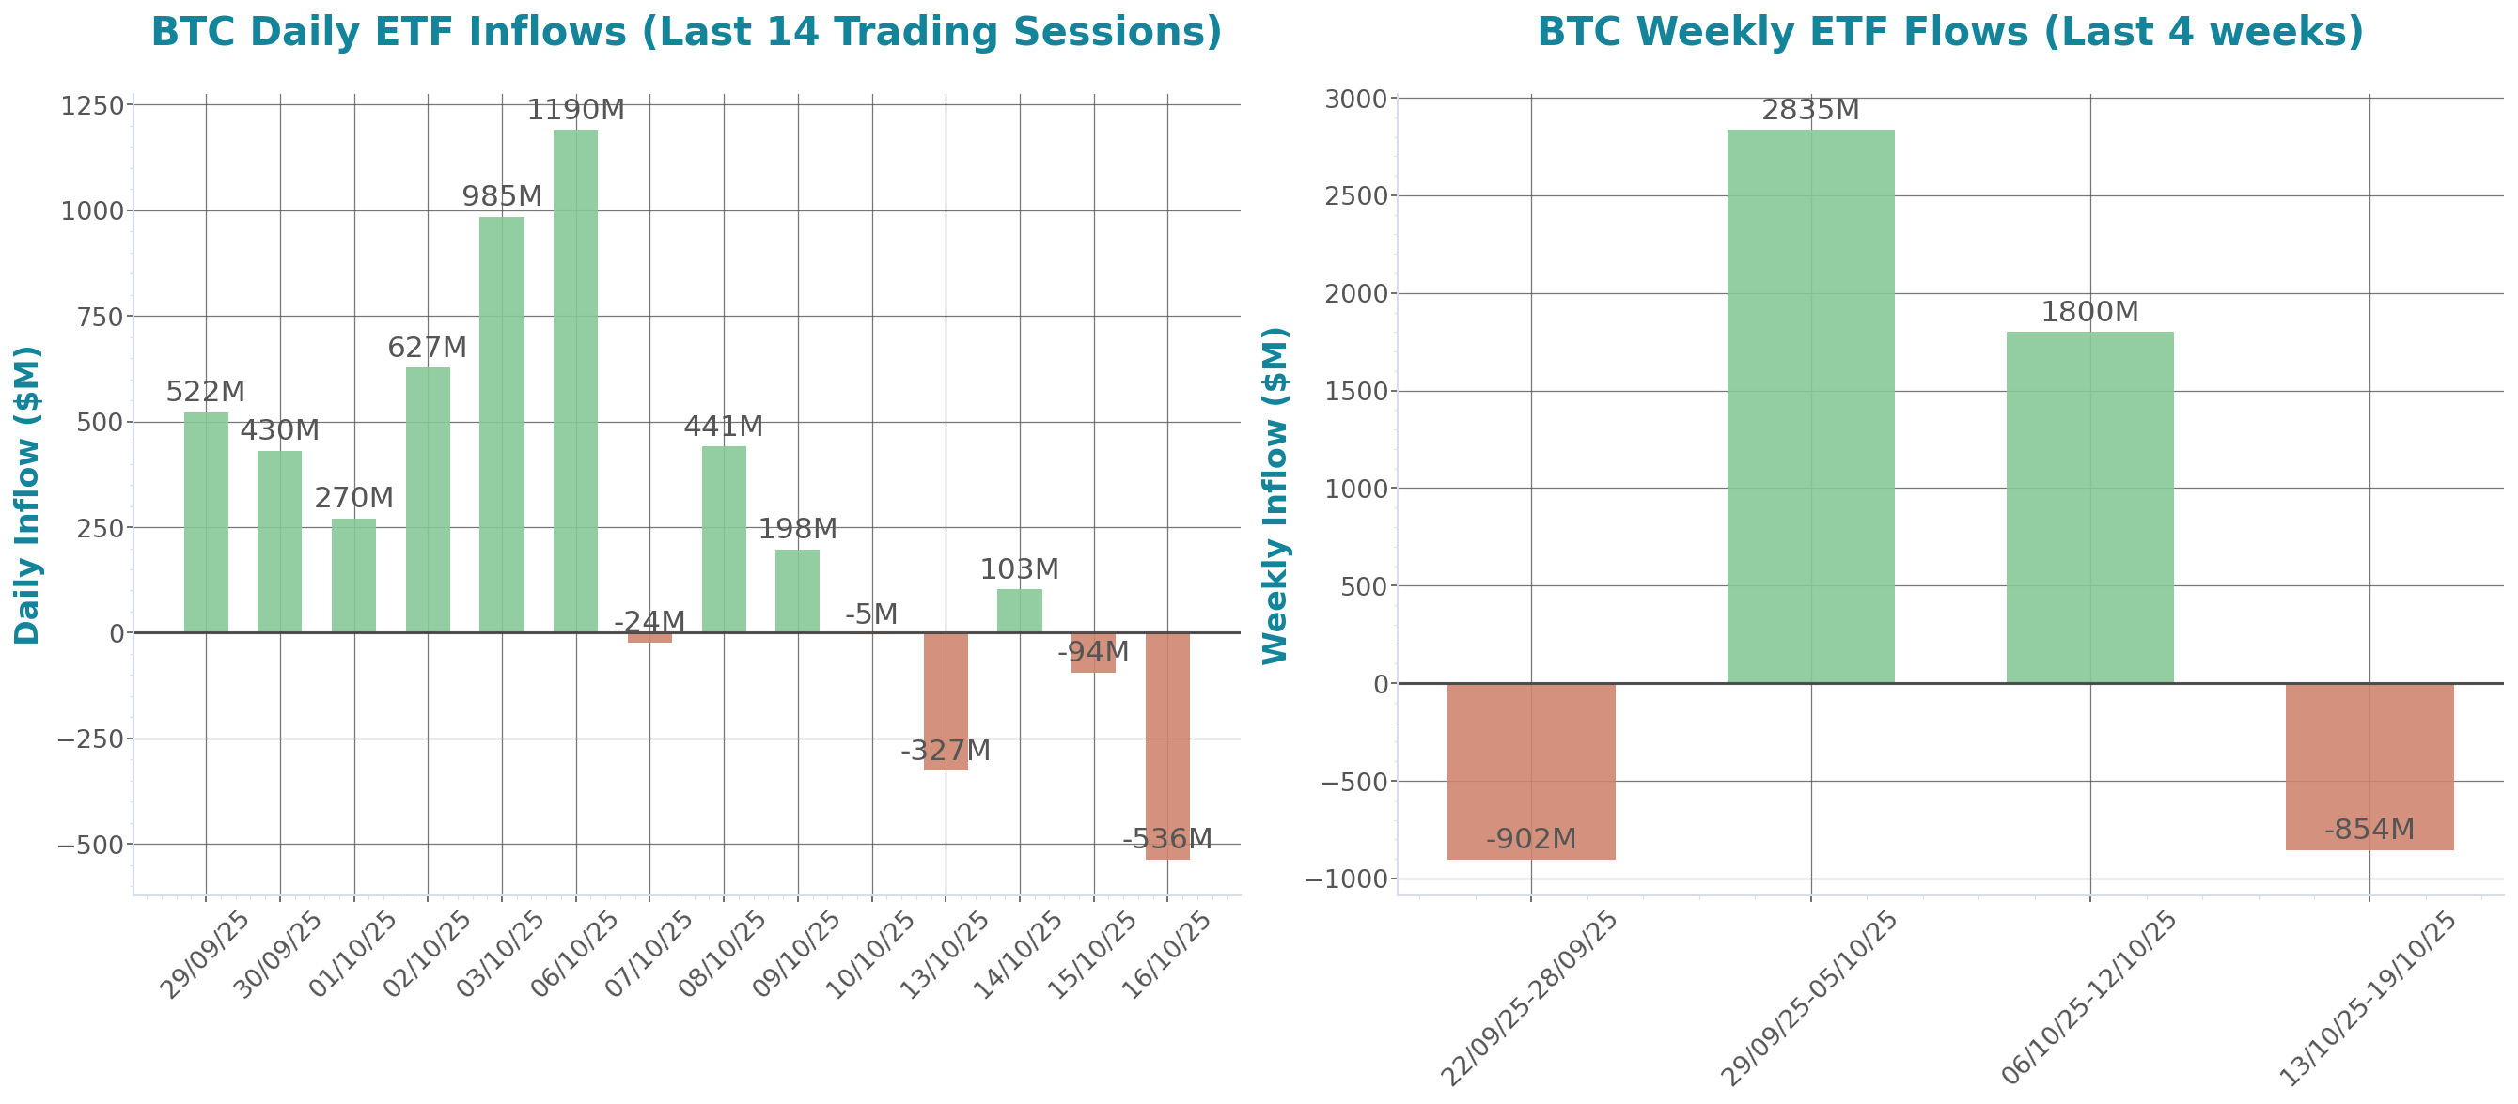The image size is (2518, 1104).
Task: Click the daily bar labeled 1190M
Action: tap(575, 381)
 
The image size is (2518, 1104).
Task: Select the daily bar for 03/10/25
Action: tap(502, 425)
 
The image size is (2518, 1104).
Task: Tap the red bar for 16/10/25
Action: tap(1167, 746)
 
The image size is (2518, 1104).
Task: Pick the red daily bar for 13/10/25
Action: tap(946, 702)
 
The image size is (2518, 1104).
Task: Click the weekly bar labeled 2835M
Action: tap(1810, 406)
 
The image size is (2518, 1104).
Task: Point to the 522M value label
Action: tap(205, 392)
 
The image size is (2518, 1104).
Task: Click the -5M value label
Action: tap(871, 614)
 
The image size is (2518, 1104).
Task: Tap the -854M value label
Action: tap(2369, 830)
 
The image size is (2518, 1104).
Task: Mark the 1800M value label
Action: tap(2089, 312)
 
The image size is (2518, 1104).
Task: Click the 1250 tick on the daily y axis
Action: tap(92, 105)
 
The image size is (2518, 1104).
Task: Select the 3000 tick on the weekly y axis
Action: tap(1355, 99)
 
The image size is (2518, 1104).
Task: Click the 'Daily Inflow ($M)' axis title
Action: tap(27, 494)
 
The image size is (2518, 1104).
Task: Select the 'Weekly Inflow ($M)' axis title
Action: tap(1275, 494)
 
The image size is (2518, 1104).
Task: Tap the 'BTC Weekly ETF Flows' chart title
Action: tap(1950, 31)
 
